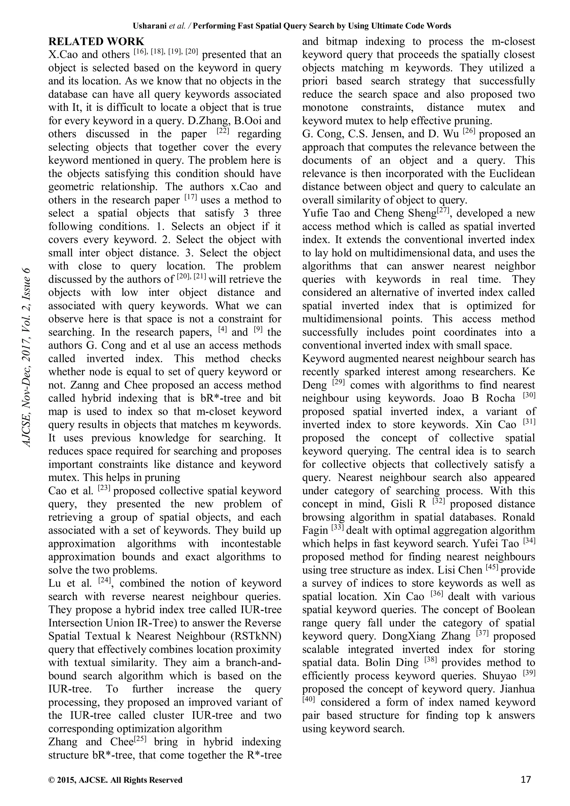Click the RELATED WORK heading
pyautogui.click(x=96, y=41)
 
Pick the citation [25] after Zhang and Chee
pyautogui.click(x=140, y=739)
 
